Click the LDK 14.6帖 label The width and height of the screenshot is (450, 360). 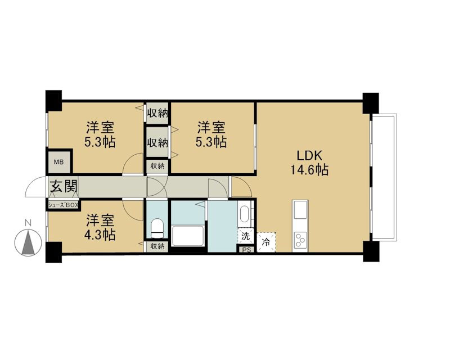(309, 163)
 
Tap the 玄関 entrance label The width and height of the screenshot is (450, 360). (64, 187)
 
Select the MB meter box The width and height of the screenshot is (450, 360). (59, 162)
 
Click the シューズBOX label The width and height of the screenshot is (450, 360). (63, 205)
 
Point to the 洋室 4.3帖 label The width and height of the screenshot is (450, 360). (100, 228)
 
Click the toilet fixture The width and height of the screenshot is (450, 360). (157, 228)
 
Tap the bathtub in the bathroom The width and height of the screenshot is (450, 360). (188, 236)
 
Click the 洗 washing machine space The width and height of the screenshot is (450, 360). (246, 236)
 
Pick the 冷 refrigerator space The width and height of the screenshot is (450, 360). (266, 242)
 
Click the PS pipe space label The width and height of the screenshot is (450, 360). (246, 250)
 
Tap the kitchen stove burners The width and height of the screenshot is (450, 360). (300, 240)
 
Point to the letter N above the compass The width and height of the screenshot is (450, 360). (28, 222)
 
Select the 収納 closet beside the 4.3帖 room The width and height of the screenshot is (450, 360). (157, 246)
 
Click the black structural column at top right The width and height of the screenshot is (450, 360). (371, 103)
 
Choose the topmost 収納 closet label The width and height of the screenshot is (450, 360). (157, 113)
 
